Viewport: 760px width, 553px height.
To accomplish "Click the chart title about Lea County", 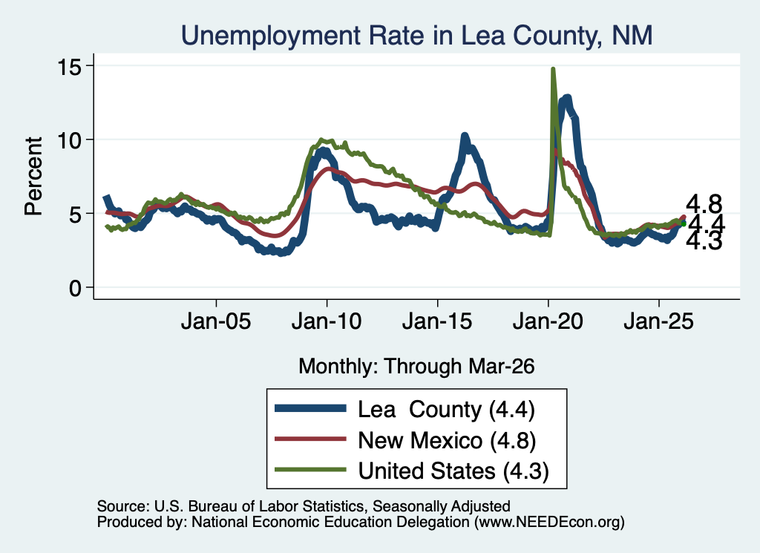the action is click(417, 36).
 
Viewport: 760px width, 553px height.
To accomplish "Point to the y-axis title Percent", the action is click(33, 177).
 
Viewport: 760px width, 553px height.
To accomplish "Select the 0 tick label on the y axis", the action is click(75, 288).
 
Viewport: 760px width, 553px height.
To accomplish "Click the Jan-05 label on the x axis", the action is click(216, 321).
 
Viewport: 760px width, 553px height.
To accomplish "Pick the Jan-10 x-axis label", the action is click(327, 321).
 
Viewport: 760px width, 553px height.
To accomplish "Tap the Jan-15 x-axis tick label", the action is click(437, 321).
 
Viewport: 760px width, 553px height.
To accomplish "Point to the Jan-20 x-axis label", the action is click(548, 321).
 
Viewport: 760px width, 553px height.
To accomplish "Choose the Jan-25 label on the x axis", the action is click(659, 321).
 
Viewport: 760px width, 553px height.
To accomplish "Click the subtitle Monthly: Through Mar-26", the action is click(416, 367).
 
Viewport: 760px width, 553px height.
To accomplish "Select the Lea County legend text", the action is click(446, 410).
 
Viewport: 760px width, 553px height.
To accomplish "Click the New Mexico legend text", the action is click(447, 441).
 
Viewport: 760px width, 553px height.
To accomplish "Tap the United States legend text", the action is click(453, 471).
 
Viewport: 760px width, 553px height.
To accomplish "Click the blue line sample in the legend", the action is click(310, 408).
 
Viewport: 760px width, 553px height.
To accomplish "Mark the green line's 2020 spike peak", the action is click(552, 69).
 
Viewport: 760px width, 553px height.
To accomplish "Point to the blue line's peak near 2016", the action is click(465, 136).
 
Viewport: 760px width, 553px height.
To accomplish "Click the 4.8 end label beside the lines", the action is click(704, 204).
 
